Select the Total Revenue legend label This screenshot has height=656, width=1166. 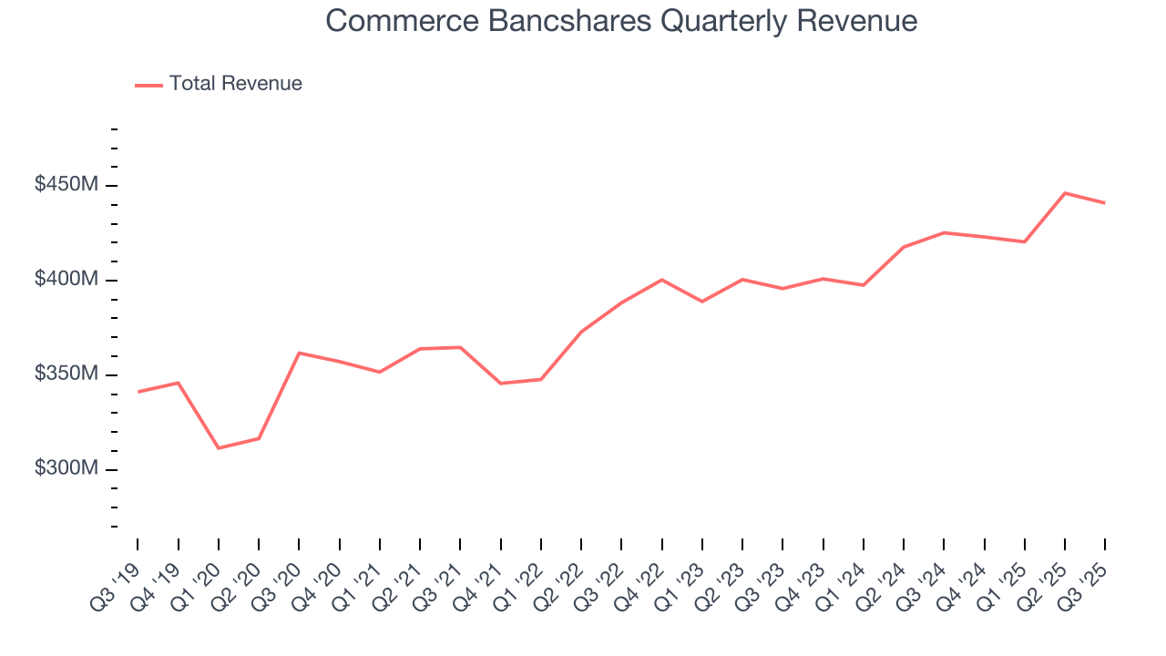click(x=235, y=84)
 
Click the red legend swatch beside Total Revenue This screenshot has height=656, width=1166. click(x=148, y=85)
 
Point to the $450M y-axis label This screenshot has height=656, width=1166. click(x=66, y=185)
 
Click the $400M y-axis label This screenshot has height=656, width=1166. click(x=66, y=280)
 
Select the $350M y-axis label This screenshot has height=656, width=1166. click(x=66, y=374)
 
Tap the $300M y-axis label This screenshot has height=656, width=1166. click(x=66, y=469)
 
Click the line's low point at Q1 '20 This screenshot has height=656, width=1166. click(x=219, y=448)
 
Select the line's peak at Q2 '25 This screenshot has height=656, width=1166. click(x=1065, y=193)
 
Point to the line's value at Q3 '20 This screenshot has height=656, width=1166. click(x=299, y=353)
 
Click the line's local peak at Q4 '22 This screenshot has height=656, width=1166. click(x=661, y=280)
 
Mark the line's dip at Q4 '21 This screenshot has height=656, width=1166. click(x=500, y=384)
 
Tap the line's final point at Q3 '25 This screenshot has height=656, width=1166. click(x=1105, y=202)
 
